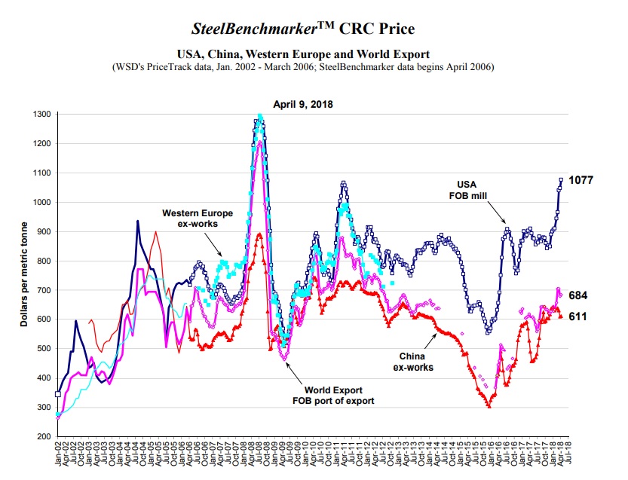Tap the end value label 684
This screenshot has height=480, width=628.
[578, 295]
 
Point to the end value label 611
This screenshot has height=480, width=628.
[578, 316]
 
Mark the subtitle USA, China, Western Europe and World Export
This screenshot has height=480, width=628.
[302, 54]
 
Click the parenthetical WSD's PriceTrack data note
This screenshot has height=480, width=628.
[302, 67]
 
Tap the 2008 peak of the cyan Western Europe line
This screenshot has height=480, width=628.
[260, 116]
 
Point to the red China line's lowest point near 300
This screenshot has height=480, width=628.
[489, 406]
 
